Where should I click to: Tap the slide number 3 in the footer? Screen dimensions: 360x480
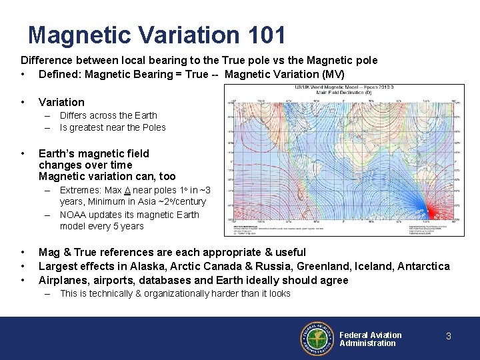coord(448,336)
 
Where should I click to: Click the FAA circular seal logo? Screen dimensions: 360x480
coord(318,339)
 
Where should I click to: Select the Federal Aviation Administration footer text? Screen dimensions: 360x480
coord(370,339)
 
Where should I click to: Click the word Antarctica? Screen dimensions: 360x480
coord(423,266)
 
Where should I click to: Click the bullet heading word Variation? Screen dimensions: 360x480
coord(61,102)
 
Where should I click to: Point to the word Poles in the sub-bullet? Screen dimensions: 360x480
coord(153,127)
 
